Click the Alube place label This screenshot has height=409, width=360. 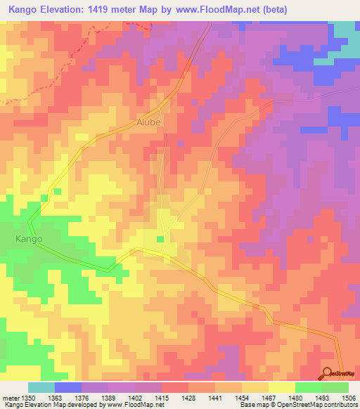(x=149, y=122)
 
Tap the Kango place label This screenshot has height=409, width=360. (x=29, y=239)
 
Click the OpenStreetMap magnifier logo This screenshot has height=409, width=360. (x=328, y=373)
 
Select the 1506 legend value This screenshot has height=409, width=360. (x=349, y=398)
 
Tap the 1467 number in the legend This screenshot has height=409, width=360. (x=269, y=398)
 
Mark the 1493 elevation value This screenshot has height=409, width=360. (x=322, y=398)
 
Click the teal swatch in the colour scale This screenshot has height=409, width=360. (x=41, y=387)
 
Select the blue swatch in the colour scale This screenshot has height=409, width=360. (x=68, y=387)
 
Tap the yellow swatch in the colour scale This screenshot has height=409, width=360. (x=281, y=387)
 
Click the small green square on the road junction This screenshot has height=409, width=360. (x=160, y=240)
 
